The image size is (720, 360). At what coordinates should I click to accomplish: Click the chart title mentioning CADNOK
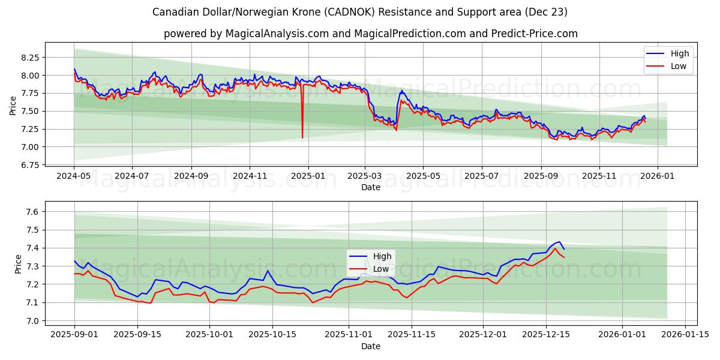359,12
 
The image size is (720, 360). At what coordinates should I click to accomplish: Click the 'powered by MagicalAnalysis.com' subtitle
370,34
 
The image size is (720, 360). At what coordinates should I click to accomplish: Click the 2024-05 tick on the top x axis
74,176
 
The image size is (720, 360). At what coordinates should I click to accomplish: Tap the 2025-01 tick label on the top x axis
308,176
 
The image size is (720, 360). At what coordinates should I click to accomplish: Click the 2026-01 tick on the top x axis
658,176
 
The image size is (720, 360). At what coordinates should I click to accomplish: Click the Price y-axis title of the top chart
13,105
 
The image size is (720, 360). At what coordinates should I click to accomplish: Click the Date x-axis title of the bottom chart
370,346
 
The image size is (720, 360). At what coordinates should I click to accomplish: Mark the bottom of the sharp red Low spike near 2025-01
302,137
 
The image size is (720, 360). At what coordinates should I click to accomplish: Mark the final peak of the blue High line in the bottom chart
559,242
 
